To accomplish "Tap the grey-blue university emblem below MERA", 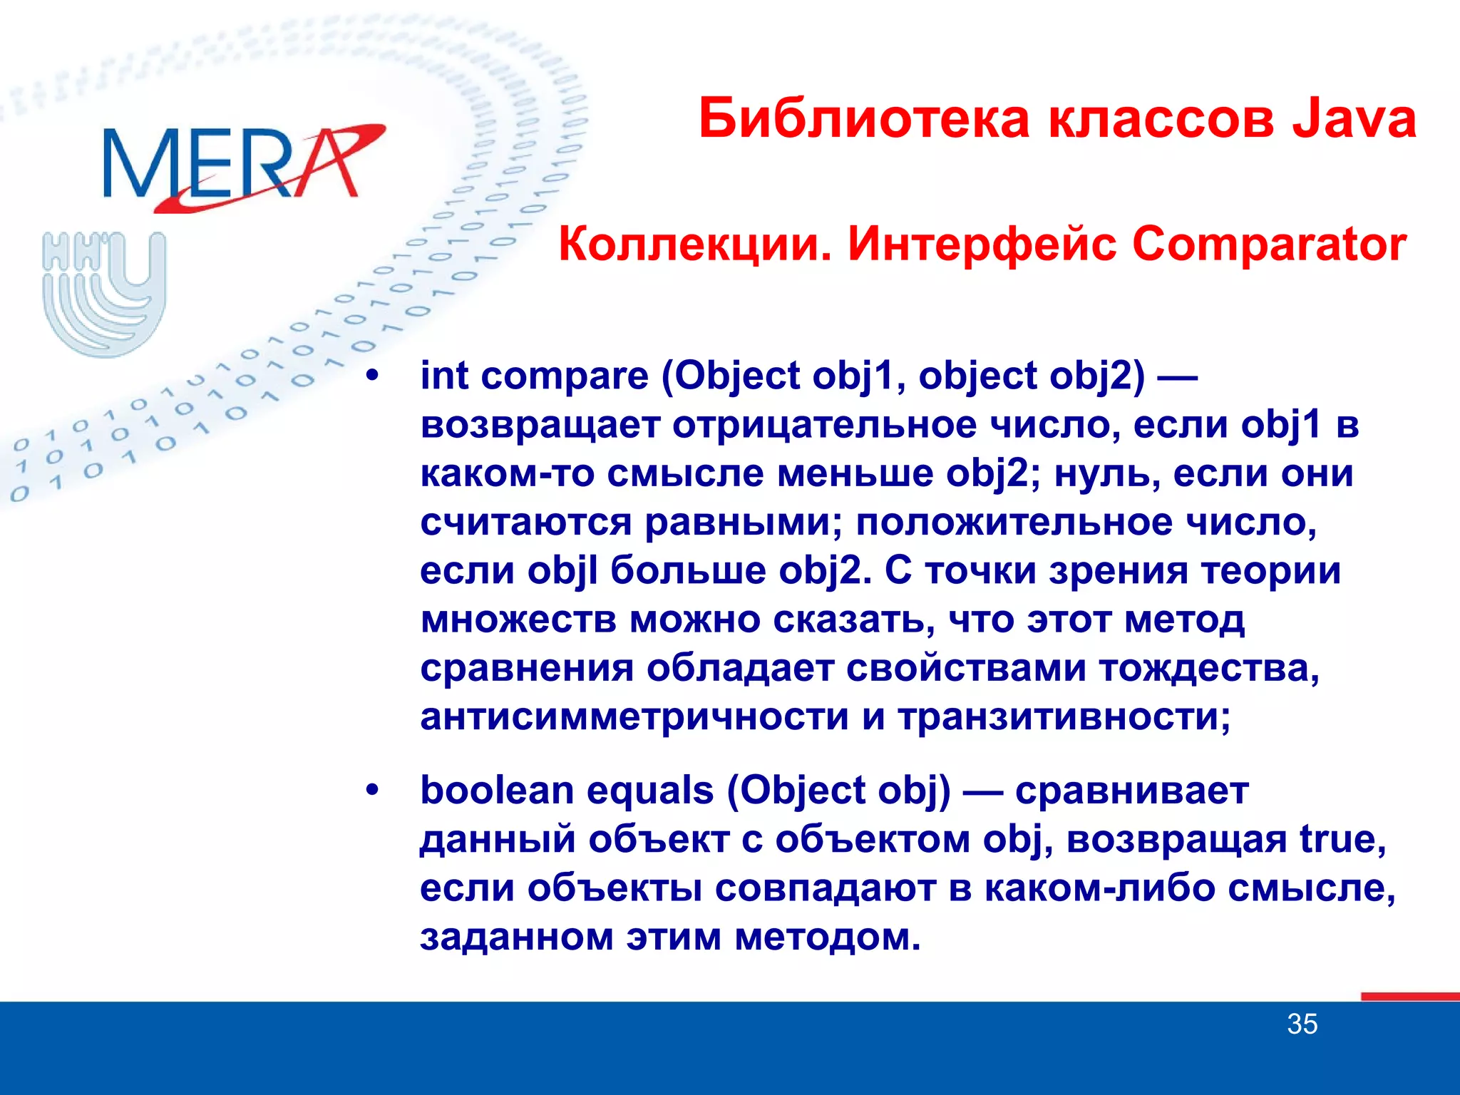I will [x=104, y=292].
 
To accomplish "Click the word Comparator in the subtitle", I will [x=1269, y=245].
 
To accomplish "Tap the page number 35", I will [x=1302, y=1024].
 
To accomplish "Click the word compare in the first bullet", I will [x=564, y=376].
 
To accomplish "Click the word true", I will [x=1341, y=839].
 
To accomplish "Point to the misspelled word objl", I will [x=562, y=571].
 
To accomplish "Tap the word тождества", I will [x=1208, y=669].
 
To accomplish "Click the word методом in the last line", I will [x=828, y=937].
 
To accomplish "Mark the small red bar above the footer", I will [x=1409, y=997].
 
